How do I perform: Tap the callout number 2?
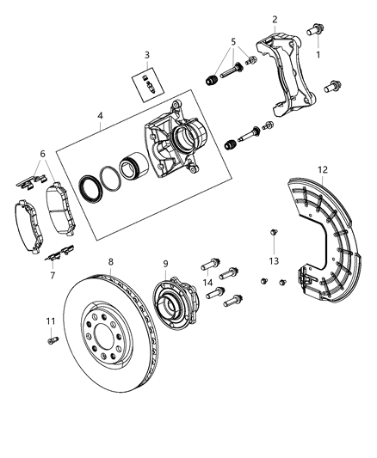[x=274, y=19]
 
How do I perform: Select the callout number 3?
[x=147, y=55]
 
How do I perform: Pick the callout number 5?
[x=232, y=40]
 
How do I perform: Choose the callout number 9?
[x=167, y=266]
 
